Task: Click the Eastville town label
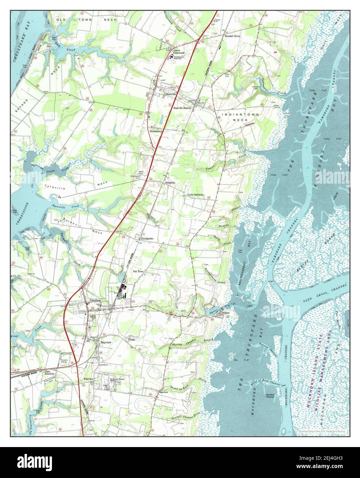[x=171, y=94]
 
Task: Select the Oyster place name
[x=225, y=313]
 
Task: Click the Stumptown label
[x=156, y=131]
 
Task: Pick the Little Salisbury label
[x=195, y=195]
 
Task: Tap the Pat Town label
[x=138, y=271]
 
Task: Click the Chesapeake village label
[x=146, y=238]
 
